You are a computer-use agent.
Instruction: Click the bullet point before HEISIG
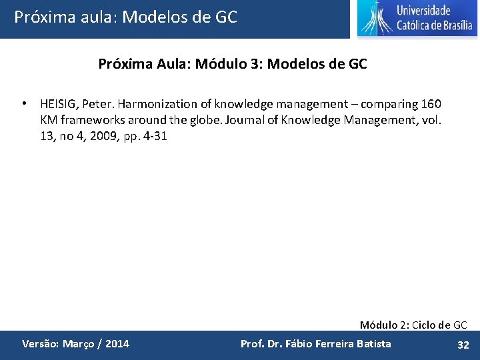pos(24,104)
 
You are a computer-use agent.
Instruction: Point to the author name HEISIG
pos(57,104)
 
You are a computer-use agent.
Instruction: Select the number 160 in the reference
pos(431,104)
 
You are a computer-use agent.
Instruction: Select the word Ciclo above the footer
pos(426,325)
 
